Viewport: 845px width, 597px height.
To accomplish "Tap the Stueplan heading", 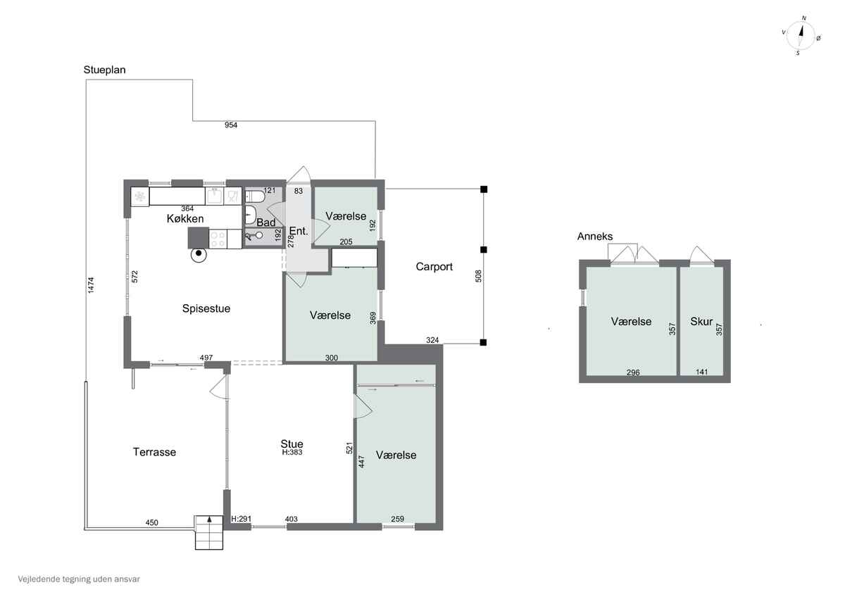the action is tap(104, 70).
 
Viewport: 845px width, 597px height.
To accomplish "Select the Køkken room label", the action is tap(185, 219).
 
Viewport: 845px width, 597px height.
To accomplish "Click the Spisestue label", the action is tap(206, 308).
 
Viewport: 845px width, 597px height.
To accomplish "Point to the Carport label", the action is tap(434, 267).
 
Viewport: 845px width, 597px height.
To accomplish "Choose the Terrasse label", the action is tap(154, 452).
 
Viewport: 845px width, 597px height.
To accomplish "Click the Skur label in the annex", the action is tap(701, 321).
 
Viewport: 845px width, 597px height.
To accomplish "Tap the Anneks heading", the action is tap(595, 237).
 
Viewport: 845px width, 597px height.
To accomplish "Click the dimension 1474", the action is tap(91, 285).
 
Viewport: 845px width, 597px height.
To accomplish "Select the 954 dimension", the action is tap(231, 125).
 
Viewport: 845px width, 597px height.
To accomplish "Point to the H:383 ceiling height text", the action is tap(292, 452).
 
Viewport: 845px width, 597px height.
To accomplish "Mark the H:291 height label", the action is tap(241, 519).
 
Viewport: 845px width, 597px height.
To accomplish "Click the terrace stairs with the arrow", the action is tap(209, 532).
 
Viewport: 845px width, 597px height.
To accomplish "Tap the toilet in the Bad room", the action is tap(256, 196).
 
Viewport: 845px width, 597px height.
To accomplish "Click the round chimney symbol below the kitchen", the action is tap(199, 254).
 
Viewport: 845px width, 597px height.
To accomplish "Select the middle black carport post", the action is tap(484, 250).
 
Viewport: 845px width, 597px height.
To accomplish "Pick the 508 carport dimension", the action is tap(478, 276).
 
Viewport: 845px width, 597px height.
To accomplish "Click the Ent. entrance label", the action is tap(299, 231).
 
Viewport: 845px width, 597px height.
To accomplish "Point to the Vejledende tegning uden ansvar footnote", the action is tap(79, 579).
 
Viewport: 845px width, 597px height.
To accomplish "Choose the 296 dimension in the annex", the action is tap(633, 372).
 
